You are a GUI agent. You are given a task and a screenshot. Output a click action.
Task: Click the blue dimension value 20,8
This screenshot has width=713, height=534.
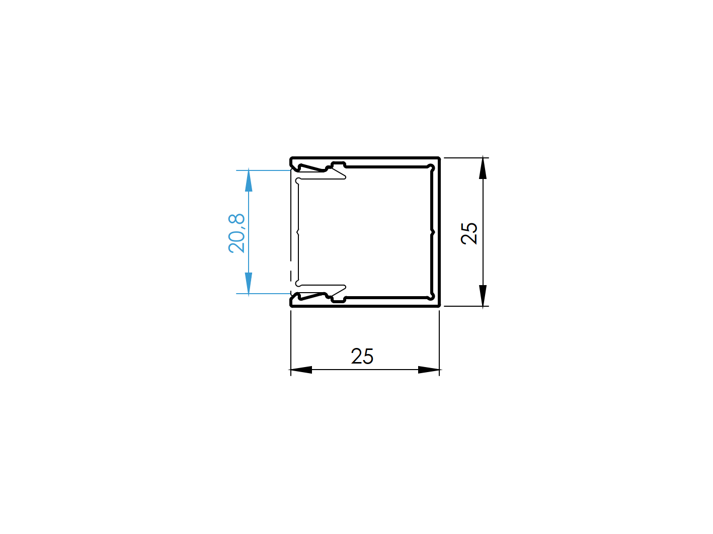[236, 233]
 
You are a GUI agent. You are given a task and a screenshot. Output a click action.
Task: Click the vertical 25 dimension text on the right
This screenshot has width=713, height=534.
[469, 233]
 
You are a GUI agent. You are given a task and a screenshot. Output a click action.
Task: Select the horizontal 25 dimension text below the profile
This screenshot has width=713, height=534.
[362, 356]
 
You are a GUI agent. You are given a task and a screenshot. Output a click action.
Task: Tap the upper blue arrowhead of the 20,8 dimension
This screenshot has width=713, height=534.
[249, 181]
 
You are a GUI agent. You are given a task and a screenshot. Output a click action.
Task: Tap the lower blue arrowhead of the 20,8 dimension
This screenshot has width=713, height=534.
[249, 283]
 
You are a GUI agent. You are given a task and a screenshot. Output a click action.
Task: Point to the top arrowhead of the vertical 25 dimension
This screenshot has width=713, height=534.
[483, 168]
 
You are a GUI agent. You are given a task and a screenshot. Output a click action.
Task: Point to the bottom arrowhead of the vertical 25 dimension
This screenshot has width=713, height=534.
[483, 296]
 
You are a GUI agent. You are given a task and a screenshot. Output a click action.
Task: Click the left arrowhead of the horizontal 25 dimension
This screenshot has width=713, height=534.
[301, 370]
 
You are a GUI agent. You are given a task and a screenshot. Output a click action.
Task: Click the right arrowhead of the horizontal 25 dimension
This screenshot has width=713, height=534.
[429, 370]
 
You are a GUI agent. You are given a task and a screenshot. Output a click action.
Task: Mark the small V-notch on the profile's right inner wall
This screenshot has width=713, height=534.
[432, 232]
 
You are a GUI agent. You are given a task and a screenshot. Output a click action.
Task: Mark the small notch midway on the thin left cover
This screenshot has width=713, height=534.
[298, 232]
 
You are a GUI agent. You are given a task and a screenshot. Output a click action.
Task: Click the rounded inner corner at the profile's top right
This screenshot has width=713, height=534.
[430, 167]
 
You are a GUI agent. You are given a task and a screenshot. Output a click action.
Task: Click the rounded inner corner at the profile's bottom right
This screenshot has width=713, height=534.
[430, 296]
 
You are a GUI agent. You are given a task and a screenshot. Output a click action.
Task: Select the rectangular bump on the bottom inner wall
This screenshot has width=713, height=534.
[338, 299]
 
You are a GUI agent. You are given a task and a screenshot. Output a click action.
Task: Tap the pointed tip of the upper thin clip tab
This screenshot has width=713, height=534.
[345, 177]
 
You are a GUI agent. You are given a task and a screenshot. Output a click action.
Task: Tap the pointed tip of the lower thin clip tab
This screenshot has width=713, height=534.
[345, 287]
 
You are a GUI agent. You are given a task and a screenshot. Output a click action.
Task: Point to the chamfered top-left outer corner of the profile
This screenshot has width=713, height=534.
[292, 159]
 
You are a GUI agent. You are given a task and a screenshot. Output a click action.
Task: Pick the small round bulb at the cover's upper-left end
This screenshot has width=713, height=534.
[298, 181]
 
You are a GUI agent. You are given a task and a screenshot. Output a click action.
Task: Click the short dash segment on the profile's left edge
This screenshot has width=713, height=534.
[291, 277]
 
